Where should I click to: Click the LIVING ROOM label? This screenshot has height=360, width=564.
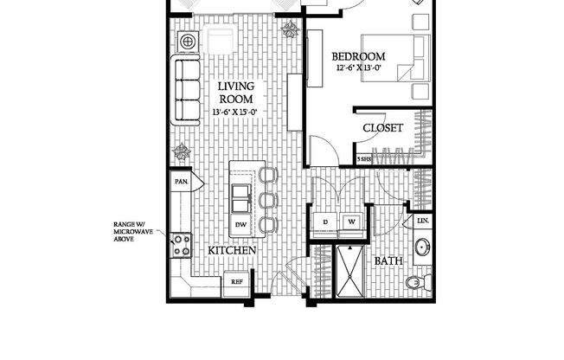234,93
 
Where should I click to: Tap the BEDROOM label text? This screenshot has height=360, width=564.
359,57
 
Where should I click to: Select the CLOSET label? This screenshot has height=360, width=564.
382,128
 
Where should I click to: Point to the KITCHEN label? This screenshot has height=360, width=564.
232,250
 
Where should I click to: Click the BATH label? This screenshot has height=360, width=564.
387,260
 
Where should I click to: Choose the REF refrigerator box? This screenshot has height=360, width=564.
234,280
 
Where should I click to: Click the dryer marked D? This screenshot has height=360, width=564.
326,222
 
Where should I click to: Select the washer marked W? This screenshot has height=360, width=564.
352,222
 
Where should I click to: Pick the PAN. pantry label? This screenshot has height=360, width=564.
182,182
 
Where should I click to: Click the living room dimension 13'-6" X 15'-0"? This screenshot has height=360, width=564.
234,112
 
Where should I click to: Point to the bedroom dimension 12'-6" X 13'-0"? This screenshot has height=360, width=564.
359,69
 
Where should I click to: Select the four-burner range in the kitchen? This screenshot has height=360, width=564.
181,246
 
